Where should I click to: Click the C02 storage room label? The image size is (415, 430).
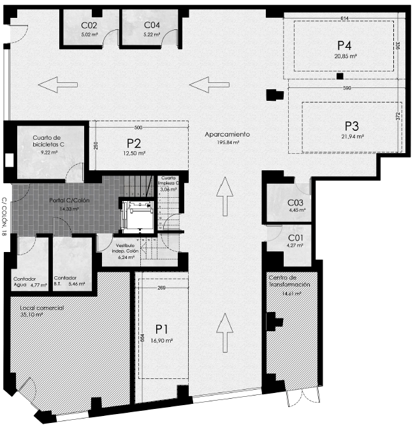[x=89, y=26]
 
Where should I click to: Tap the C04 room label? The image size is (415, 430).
[x=152, y=26]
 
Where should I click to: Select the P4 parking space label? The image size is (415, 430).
[x=344, y=45]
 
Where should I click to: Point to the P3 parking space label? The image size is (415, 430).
[x=352, y=126]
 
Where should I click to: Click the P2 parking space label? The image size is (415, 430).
[x=134, y=144]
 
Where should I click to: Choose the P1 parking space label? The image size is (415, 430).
[x=162, y=329]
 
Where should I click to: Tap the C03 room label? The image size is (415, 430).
[x=295, y=203]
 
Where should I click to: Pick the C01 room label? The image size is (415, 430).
[x=296, y=237]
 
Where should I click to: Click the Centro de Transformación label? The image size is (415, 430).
[x=289, y=281]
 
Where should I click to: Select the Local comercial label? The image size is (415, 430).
[x=41, y=308]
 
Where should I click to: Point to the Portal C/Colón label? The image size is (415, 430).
[x=69, y=200]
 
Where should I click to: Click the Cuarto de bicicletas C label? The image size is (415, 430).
[x=48, y=141]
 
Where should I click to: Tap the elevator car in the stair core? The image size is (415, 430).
[x=137, y=215]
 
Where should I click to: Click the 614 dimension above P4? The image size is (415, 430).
[x=344, y=18]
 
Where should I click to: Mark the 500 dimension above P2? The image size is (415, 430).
[x=138, y=128]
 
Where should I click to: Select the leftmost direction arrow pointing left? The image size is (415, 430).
[x=58, y=85]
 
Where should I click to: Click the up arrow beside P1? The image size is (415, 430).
[x=225, y=333]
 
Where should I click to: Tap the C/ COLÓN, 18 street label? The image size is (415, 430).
[x=4, y=217]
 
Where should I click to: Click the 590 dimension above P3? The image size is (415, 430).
[x=347, y=88]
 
